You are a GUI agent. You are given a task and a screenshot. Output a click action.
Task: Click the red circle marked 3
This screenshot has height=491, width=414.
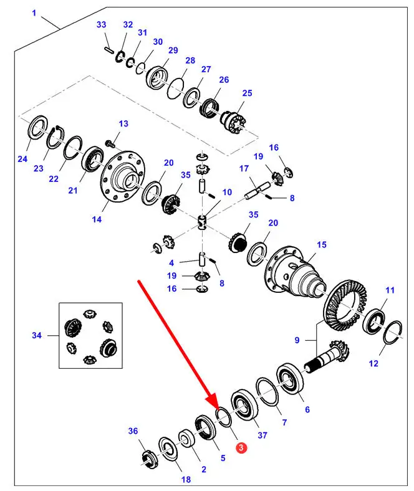coord(241,447)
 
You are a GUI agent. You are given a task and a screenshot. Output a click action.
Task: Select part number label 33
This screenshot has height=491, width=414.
coord(102,25)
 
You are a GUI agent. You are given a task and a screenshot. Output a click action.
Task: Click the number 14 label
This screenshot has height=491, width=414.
coord(96,219)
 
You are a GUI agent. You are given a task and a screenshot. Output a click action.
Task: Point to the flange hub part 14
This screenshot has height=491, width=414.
coord(122,177)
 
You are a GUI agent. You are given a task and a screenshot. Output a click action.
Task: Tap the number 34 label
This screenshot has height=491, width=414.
coord(36,336)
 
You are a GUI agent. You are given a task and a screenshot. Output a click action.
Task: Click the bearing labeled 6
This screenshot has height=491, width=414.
coord(291,376)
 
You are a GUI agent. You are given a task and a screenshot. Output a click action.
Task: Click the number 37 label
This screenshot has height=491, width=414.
coord(262,435)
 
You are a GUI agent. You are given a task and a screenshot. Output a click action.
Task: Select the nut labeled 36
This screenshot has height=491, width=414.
coord(148,458)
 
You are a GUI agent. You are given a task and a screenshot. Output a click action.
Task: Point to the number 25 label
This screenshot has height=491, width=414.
coord(248,93)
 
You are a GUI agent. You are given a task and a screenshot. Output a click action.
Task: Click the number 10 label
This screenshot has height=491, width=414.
coord(226,192)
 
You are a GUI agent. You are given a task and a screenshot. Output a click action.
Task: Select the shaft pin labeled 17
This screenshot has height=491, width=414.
coord(257,188)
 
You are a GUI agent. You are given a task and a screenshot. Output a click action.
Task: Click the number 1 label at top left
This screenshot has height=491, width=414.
coord(34,13)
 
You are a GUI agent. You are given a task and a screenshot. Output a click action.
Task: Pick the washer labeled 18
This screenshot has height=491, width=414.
coord(168,449)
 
